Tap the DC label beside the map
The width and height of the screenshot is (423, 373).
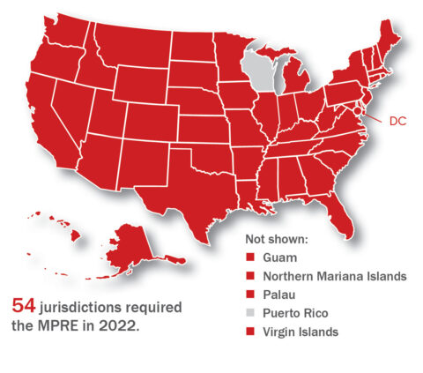pyautogui.click(x=397, y=122)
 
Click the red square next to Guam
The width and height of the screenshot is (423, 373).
pyautogui.click(x=249, y=257)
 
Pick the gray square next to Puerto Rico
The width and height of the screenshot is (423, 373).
pyautogui.click(x=249, y=313)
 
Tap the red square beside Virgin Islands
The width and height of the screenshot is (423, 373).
pyautogui.click(x=249, y=332)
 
